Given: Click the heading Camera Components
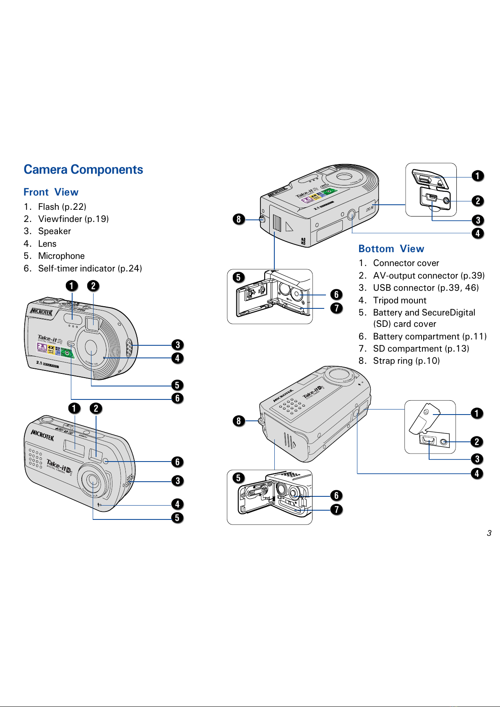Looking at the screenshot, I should click(x=83, y=170).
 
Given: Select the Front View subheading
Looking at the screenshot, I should click(x=51, y=192).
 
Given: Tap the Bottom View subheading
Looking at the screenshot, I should click(x=391, y=249).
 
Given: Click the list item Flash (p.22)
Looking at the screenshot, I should click(x=62, y=207).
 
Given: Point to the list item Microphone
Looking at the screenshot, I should click(x=61, y=256).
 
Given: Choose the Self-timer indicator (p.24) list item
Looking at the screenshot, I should click(x=89, y=269).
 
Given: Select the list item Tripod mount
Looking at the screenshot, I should click(x=399, y=300).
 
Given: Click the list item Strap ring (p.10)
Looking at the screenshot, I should click(x=406, y=361).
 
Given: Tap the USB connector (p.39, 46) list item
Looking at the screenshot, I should click(x=425, y=288).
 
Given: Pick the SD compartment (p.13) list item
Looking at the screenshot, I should click(x=421, y=349).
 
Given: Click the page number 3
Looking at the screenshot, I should click(x=489, y=533).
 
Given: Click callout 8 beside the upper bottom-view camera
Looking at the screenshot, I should click(x=239, y=219).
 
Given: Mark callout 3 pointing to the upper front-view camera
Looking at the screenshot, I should click(x=177, y=345).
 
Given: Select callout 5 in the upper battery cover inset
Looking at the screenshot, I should click(x=238, y=277).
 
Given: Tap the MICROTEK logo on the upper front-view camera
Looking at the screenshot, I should click(x=41, y=312).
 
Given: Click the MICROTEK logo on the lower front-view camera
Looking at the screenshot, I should click(x=42, y=435).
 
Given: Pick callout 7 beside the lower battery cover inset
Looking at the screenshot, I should click(x=336, y=509).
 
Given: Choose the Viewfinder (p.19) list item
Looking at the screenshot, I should click(x=73, y=219).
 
